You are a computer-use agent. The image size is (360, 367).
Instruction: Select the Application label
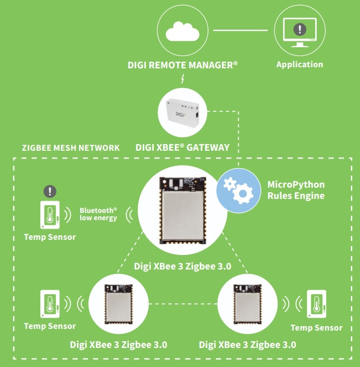pyautogui.click(x=299, y=64)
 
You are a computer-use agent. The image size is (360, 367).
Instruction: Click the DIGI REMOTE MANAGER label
pyautogui.click(x=182, y=66)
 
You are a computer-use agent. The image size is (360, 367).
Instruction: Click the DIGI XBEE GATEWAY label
pyautogui.click(x=182, y=148)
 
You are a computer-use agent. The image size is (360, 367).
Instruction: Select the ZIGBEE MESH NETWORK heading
pyautogui.click(x=71, y=148)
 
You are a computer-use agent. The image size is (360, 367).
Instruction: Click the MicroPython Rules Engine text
pyautogui.click(x=296, y=190)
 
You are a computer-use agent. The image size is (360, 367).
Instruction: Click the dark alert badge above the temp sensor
pyautogui.click(x=50, y=191)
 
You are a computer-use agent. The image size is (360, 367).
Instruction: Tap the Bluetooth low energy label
pyautogui.click(x=99, y=213)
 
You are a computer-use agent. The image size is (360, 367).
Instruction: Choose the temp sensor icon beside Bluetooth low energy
pyautogui.click(x=50, y=215)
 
